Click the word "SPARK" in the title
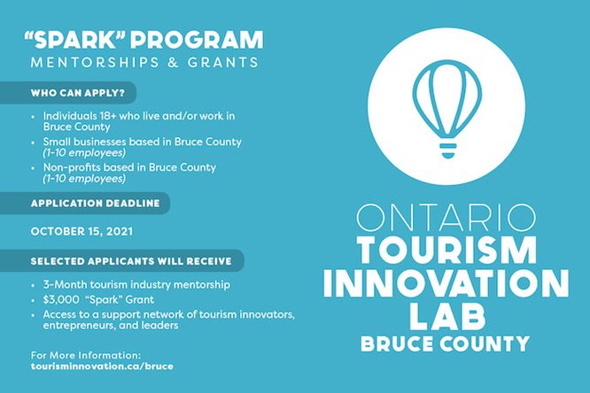pyautogui.click(x=76, y=41)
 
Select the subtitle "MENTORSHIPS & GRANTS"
pyautogui.click(x=144, y=63)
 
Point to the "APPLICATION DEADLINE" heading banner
pyautogui.click(x=96, y=203)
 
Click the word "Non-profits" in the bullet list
pyautogui.click(x=69, y=167)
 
